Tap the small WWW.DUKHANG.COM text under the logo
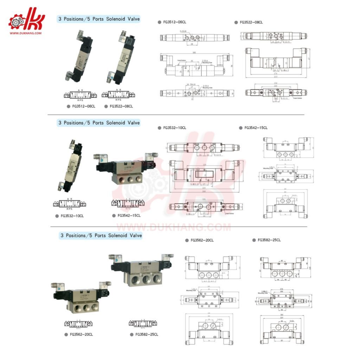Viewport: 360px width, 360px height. pos(26,33)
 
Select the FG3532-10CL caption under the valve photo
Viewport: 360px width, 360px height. pos(72,216)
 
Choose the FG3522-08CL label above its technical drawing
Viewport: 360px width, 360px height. pos(251,22)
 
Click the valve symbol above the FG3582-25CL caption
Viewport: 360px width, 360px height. pos(142,323)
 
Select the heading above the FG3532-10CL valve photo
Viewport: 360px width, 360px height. pos(99,123)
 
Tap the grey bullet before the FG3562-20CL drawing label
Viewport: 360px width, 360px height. pos(187,240)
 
